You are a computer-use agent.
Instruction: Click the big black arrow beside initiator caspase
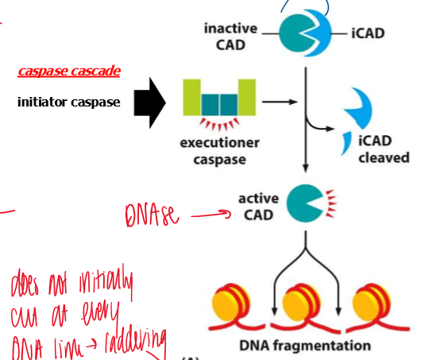pyautogui.click(x=148, y=102)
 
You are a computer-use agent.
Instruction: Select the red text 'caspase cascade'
pyautogui.click(x=69, y=72)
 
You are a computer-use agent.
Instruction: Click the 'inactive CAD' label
pyautogui.click(x=230, y=35)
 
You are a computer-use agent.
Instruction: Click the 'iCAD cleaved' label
pyautogui.click(x=384, y=149)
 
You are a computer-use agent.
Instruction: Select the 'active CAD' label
pyautogui.click(x=258, y=204)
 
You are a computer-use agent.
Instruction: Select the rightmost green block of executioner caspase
pyautogui.click(x=247, y=97)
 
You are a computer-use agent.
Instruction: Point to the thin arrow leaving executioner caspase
pyautogui.click(x=279, y=102)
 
